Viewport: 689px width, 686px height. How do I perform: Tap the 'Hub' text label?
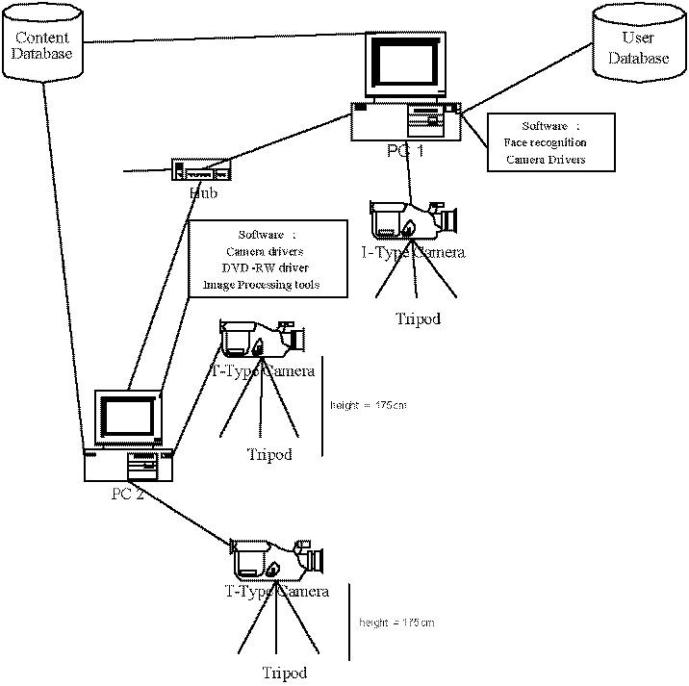[x=203, y=193]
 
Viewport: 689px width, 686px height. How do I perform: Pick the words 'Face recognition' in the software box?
[x=545, y=142]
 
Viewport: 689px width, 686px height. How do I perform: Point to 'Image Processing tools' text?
[x=261, y=286]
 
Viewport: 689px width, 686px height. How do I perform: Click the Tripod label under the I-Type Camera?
[x=418, y=318]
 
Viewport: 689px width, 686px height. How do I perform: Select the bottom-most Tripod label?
[x=286, y=673]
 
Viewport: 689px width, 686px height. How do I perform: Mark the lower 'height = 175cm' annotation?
[x=396, y=622]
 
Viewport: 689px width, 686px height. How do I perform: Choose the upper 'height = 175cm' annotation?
[x=368, y=405]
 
